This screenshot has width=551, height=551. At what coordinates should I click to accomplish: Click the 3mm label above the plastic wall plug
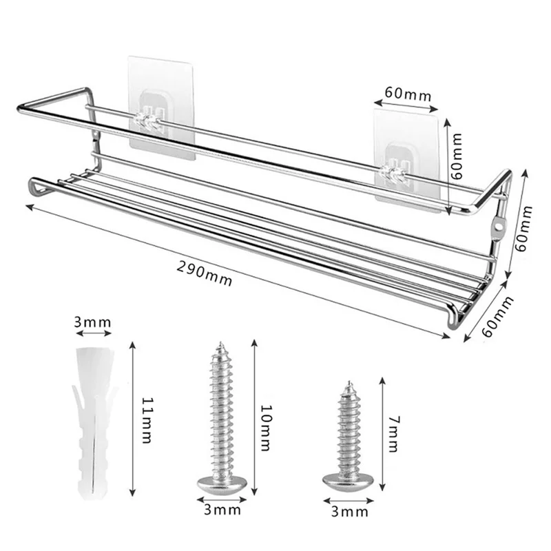92,322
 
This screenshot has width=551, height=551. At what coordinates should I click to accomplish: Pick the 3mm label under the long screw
222,510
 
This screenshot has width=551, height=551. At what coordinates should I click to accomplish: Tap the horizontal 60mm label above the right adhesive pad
409,94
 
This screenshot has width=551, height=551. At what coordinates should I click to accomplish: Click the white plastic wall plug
92,420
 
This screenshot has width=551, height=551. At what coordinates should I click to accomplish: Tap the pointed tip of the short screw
349,382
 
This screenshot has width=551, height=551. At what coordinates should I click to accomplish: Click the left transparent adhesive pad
163,110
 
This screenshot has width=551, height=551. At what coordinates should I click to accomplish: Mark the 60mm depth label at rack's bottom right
497,316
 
